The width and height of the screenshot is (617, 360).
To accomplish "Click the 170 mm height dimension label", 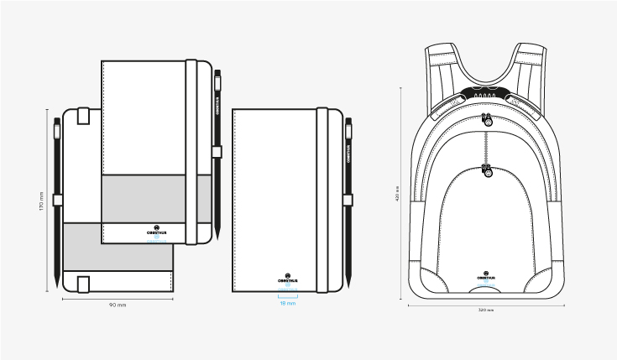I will [x=41, y=201].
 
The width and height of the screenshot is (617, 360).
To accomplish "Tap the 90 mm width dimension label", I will [x=118, y=305].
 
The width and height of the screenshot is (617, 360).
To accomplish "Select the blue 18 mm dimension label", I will [x=287, y=303].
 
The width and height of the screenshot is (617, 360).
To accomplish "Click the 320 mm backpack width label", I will [x=486, y=310].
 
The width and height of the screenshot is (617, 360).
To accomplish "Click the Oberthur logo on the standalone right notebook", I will [x=287, y=275].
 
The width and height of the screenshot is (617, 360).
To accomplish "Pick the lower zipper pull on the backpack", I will [x=487, y=172].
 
